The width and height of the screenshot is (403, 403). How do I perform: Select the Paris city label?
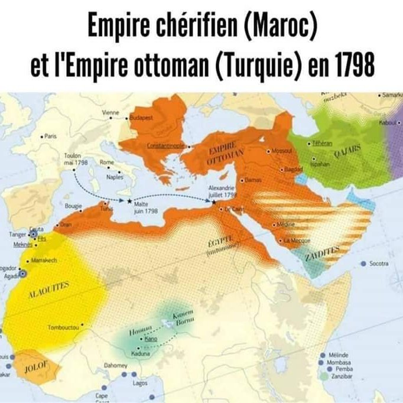pos(51,136)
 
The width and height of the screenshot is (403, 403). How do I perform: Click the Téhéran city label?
pos(324,144)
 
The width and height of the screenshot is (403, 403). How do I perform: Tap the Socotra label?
pos(378,264)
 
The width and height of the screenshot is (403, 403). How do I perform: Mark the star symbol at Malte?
pos(129,201)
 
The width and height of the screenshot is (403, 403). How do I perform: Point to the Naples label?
pos(115,176)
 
